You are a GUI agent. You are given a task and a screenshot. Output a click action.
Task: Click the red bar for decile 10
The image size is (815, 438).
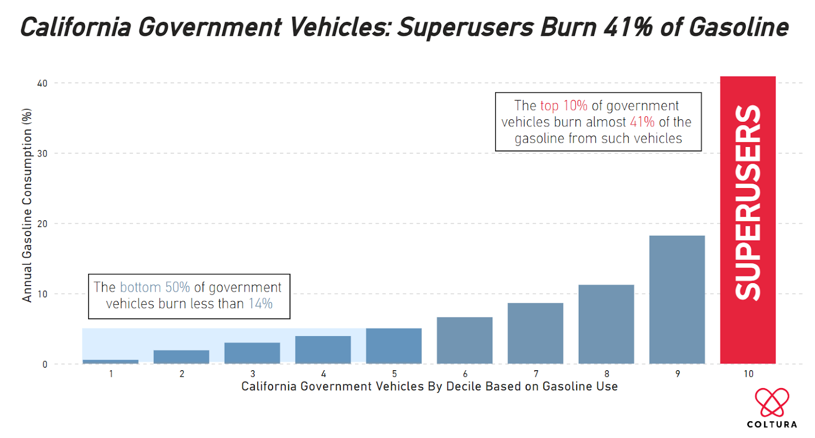(x=747, y=219)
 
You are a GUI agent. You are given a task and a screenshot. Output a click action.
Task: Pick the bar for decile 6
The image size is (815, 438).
(x=465, y=340)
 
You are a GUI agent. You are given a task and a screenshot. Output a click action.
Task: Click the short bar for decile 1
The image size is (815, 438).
(x=111, y=362)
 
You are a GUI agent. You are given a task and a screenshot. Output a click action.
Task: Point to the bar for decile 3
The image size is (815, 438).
(x=252, y=353)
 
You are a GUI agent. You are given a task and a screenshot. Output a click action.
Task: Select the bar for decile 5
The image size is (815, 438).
(x=394, y=346)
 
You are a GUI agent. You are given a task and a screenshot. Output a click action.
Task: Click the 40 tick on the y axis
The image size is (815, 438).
(x=42, y=83)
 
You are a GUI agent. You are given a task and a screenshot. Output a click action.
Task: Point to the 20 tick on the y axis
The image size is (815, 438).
(x=42, y=224)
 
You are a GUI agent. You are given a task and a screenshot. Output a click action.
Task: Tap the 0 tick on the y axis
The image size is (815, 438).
(x=45, y=365)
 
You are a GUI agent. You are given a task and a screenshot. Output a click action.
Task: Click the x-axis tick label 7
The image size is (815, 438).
(x=536, y=374)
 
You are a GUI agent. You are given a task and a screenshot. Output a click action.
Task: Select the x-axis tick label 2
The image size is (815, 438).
(x=182, y=374)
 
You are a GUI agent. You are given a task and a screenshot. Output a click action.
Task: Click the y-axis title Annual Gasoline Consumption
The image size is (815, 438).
(x=27, y=205)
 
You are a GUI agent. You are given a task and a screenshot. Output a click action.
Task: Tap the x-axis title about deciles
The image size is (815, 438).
(x=429, y=387)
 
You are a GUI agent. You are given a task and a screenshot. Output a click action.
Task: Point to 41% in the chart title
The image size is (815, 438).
(x=628, y=28)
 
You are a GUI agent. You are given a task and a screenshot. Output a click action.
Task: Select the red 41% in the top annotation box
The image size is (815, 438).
(x=642, y=122)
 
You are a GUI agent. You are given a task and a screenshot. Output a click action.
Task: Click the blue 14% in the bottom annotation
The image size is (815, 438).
(x=260, y=303)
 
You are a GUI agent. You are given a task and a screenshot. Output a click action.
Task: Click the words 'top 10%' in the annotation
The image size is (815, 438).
(x=563, y=106)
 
